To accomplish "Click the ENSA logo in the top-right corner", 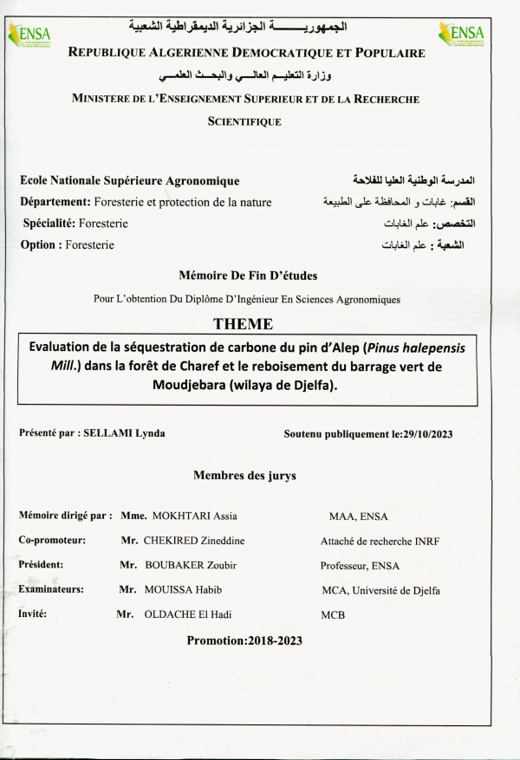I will click(x=467, y=35).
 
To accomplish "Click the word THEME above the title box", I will click(x=244, y=324).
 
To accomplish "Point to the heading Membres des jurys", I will click(x=244, y=475).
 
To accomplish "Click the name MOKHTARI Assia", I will click(x=192, y=516).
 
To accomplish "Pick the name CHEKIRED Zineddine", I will click(x=194, y=541).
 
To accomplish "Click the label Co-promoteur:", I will click(x=52, y=541).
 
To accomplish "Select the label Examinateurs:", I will click(x=51, y=590).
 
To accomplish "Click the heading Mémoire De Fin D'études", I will click(x=248, y=276).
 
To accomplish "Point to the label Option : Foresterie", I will click(x=68, y=245).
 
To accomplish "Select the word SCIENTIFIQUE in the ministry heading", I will click(x=244, y=122).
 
